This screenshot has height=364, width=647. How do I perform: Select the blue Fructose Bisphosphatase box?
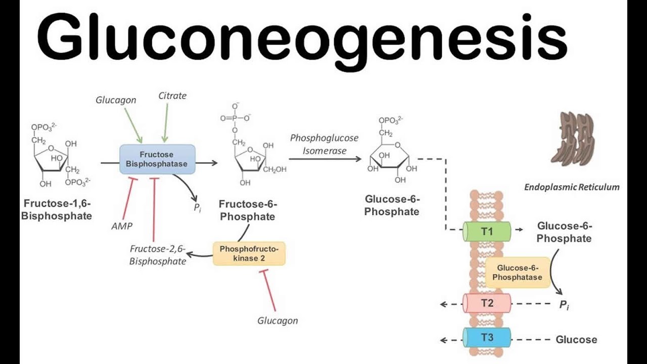(x=157, y=159)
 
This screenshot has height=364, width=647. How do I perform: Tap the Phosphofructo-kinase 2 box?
(x=249, y=254)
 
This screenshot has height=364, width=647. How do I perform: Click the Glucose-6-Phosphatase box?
(x=517, y=272)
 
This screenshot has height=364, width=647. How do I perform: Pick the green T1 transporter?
(x=487, y=232)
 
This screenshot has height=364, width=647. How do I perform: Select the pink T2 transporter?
(x=487, y=303)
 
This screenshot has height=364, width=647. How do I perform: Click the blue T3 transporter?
(x=487, y=338)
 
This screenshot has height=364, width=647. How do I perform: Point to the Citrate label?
(x=172, y=96)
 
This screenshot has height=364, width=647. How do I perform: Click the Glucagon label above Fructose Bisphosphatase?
(x=116, y=100)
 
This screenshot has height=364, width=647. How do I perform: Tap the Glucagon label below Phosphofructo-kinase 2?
(x=278, y=321)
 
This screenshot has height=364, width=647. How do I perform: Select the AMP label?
(x=121, y=226)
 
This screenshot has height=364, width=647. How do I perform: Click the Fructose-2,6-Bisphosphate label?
(x=157, y=255)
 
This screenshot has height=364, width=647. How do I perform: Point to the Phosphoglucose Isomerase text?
(x=324, y=144)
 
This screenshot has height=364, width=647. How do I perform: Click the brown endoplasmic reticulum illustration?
(x=572, y=139)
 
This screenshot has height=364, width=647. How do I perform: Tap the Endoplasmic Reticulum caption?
(x=571, y=187)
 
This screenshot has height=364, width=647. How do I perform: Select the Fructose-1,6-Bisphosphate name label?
(x=58, y=209)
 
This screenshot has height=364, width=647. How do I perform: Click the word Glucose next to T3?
(x=576, y=340)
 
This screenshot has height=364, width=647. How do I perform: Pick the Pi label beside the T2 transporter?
(x=564, y=305)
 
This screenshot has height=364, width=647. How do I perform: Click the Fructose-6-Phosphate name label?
(x=248, y=210)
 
